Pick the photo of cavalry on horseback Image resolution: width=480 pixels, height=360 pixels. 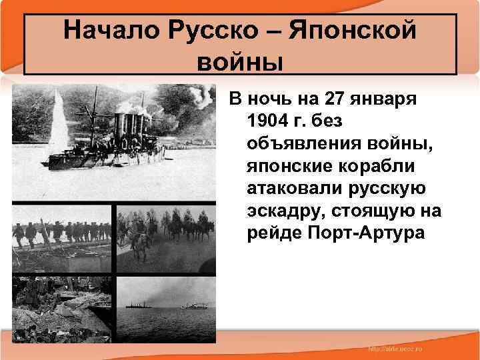tap(166, 236)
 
